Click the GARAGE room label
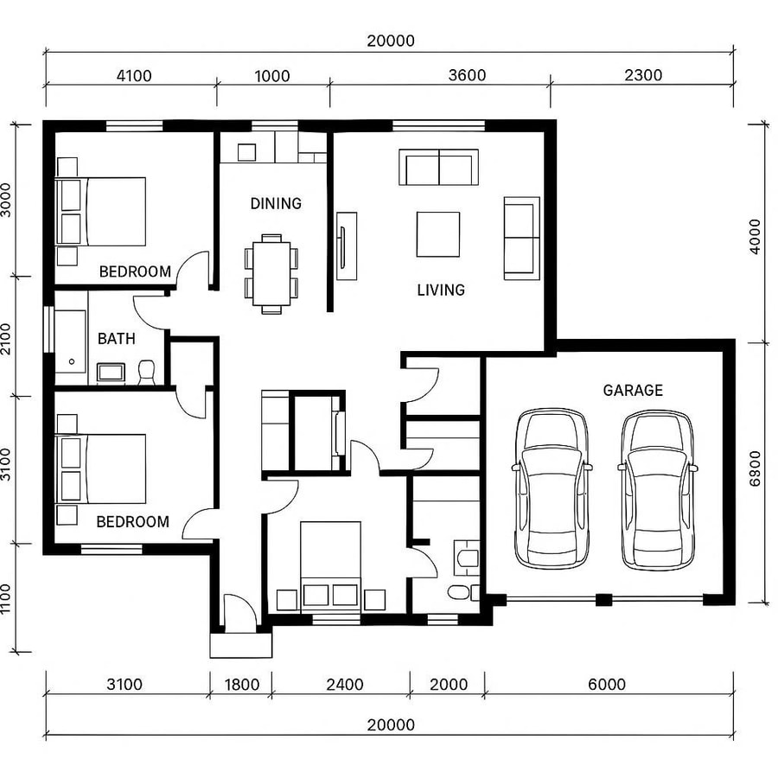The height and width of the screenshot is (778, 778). pyautogui.click(x=633, y=391)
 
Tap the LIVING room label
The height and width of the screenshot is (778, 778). pyautogui.click(x=441, y=290)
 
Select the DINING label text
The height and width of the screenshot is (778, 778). pyautogui.click(x=276, y=204)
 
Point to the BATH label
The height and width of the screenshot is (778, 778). pyautogui.click(x=116, y=339)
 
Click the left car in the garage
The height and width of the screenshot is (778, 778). pyautogui.click(x=552, y=488)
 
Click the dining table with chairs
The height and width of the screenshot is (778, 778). pyautogui.click(x=271, y=271)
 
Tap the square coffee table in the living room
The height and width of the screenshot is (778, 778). pyautogui.click(x=438, y=234)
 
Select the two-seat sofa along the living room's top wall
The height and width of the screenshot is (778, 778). pyautogui.click(x=438, y=167)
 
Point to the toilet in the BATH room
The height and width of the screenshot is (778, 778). pyautogui.click(x=146, y=373)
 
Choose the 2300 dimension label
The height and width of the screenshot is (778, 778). pyautogui.click(x=643, y=75)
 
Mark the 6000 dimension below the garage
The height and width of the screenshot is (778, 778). pyautogui.click(x=607, y=685)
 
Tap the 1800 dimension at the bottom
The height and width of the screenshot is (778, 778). pyautogui.click(x=242, y=685)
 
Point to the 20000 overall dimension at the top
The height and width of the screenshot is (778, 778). pyautogui.click(x=390, y=41)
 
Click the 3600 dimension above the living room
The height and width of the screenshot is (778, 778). pyautogui.click(x=467, y=75)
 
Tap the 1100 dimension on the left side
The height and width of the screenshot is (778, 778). pyautogui.click(x=7, y=598)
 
